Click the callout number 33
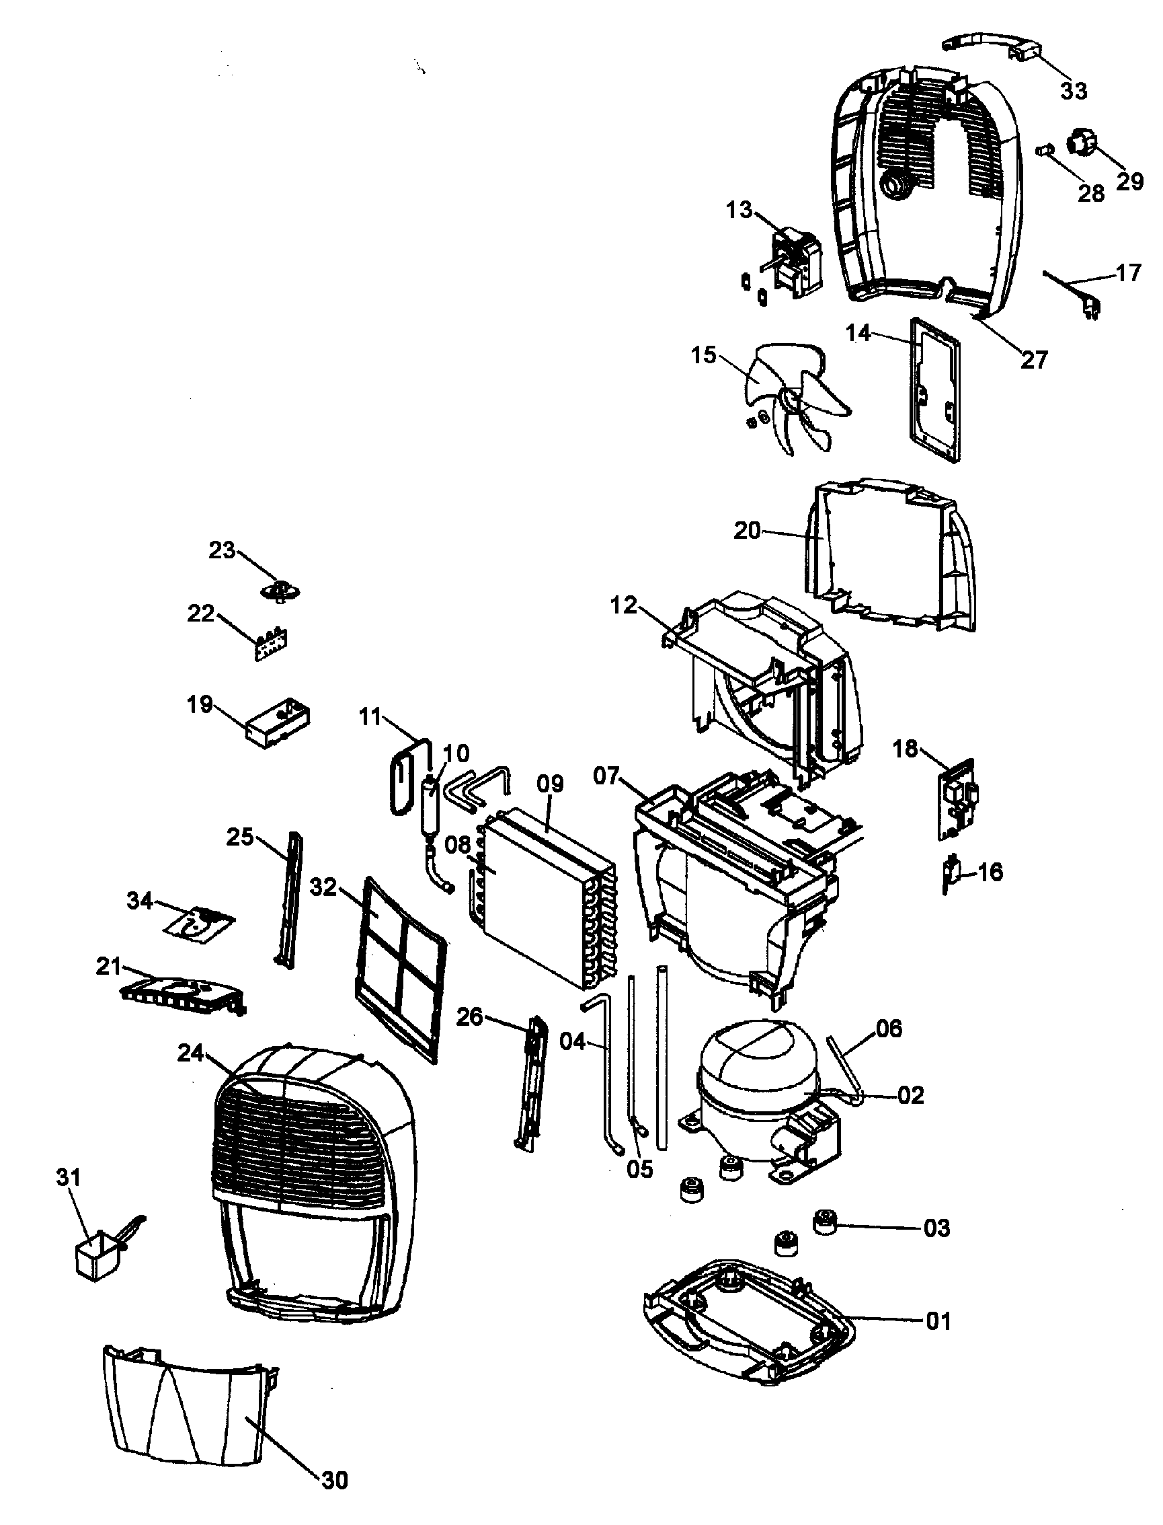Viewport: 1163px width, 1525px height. [x=1074, y=91]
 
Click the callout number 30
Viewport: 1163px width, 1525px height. [x=334, y=1480]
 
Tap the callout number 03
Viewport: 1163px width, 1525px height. [x=936, y=1228]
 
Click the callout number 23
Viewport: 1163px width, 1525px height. [x=223, y=550]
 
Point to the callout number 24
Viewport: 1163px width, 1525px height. [x=190, y=1053]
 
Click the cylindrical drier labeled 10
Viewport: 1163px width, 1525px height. [x=431, y=809]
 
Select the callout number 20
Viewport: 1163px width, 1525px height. [x=747, y=531]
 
